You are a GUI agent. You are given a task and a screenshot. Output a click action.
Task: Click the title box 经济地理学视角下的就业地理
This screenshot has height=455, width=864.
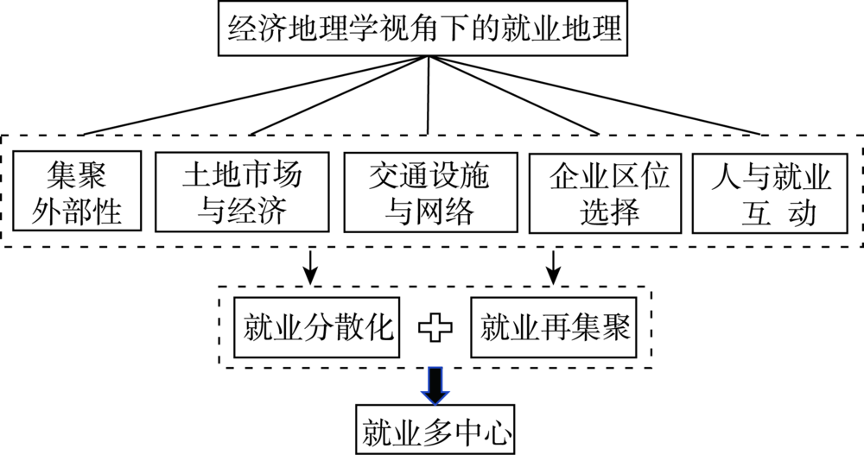tap(422, 28)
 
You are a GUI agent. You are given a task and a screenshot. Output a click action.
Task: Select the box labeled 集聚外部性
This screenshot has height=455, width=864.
tap(77, 191)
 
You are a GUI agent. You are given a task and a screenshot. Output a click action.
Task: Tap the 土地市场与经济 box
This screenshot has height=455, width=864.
tap(242, 192)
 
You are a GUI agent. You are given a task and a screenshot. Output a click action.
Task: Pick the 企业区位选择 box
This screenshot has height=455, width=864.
tap(605, 193)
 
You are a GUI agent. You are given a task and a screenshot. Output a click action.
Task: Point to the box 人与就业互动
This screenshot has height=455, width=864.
tap(770, 193)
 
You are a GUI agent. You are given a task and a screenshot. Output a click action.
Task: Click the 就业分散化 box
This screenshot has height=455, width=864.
tap(317, 328)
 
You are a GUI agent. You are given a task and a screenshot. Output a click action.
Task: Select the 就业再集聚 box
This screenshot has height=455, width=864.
tap(554, 328)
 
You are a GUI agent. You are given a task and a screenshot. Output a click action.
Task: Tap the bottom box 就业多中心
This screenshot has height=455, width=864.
tap(435, 430)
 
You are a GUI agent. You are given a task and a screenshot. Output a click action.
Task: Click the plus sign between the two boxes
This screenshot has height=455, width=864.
tap(435, 328)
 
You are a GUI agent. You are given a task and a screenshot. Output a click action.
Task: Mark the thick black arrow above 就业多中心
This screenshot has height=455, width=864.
tap(435, 386)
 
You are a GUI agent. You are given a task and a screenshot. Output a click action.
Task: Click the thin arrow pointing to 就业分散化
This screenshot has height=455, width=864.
tap(311, 268)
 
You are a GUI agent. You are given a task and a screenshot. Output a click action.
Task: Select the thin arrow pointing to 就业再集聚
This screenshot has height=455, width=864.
tap(553, 268)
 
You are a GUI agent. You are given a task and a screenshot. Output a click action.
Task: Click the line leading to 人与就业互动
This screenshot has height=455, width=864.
tap(594, 95)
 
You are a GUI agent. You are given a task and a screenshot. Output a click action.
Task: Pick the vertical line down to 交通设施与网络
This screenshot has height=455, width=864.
tap(429, 95)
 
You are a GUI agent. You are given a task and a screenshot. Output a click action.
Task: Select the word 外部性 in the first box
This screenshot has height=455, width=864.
tap(76, 211)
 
